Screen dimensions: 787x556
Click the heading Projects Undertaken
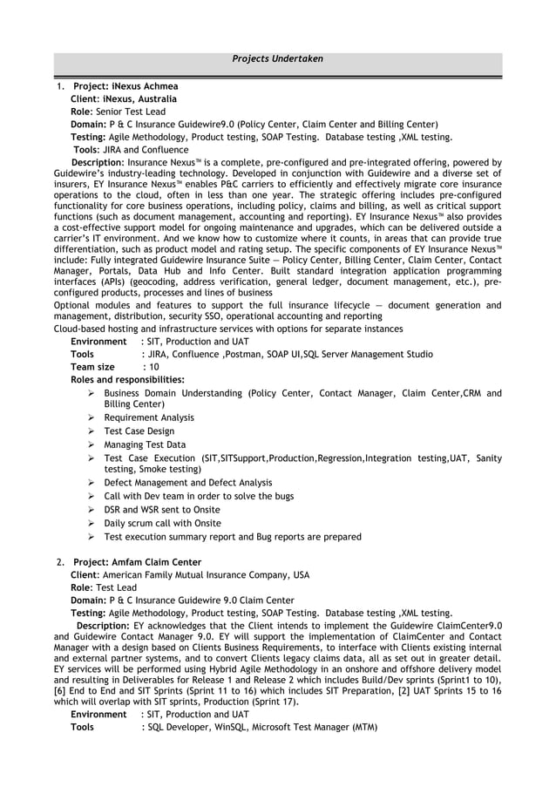(x=278, y=59)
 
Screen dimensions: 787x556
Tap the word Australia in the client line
(x=155, y=99)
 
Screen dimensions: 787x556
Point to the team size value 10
(x=146, y=367)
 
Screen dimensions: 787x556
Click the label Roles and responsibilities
(x=127, y=380)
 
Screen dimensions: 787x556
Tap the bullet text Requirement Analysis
(x=149, y=417)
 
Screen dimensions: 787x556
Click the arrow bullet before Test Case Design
(x=92, y=431)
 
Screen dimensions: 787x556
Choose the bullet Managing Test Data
(x=145, y=444)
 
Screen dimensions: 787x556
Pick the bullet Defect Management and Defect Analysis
(x=188, y=483)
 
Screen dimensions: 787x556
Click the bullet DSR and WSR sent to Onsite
(x=162, y=510)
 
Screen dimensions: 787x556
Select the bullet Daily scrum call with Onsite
(x=162, y=523)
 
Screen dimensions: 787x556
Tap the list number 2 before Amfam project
(x=58, y=562)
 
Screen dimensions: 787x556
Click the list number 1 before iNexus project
(x=58, y=87)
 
